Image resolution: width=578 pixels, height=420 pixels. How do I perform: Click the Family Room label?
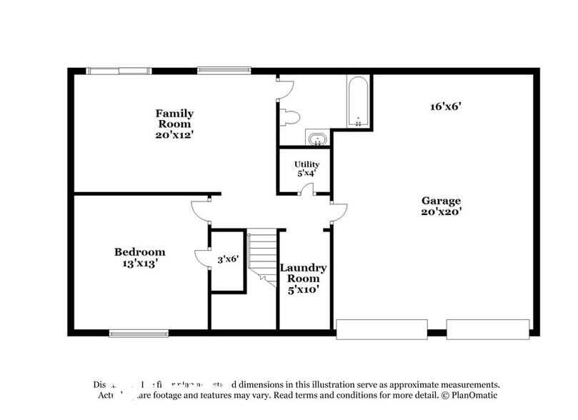pos(174,119)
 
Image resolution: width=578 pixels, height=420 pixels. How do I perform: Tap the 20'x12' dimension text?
pos(174,134)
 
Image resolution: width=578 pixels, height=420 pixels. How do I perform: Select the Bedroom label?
pos(140,252)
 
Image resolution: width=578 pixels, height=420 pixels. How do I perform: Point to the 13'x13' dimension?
pos(140,263)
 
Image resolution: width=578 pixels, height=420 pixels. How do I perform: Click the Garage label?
pos(441,201)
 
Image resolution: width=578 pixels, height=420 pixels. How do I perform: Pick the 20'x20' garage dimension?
pos(441,211)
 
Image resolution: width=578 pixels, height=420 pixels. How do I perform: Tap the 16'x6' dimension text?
pos(446,106)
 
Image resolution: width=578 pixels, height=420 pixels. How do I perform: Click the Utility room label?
pos(307,164)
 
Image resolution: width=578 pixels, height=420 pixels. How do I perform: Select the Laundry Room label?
pos(303,273)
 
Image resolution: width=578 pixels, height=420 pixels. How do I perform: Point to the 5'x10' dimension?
pos(303,289)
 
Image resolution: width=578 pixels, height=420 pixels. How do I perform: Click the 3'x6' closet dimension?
pos(227,260)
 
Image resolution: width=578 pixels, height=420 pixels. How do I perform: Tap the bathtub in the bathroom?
pos(358,102)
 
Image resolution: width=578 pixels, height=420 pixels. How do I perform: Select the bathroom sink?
pos(317,138)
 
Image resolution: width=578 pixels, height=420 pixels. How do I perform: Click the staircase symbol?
pos(263,256)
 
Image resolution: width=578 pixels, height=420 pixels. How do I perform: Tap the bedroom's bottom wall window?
pos(139,332)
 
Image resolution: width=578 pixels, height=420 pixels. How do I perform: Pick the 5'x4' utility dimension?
pos(307,173)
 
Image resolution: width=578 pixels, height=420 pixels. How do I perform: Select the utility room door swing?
pos(307,189)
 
